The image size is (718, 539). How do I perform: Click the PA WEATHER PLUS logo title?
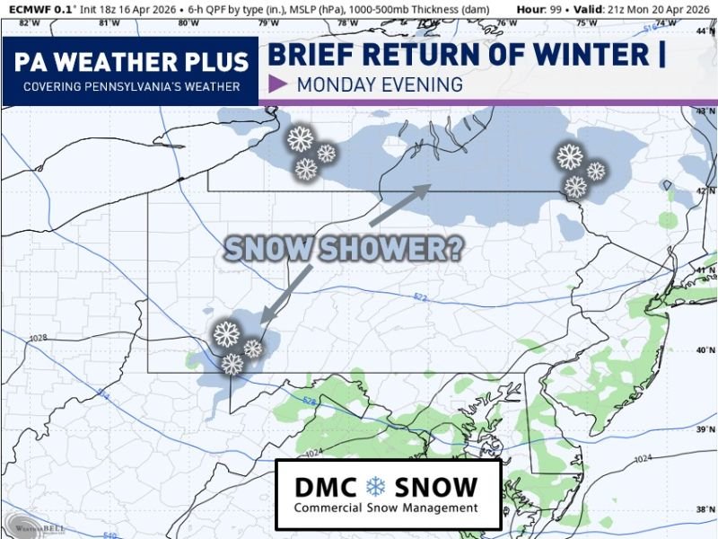(x=131, y=63)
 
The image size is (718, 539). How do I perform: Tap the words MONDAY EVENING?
(x=380, y=85)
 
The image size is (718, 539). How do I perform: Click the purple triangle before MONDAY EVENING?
(x=278, y=85)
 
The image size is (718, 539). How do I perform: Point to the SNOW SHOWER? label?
(x=343, y=248)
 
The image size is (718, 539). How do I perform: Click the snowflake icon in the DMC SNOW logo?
(x=375, y=488)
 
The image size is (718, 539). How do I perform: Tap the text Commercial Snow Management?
(x=387, y=508)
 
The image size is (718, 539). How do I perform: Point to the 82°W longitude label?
(x=29, y=22)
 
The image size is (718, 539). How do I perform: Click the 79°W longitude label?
(x=267, y=22)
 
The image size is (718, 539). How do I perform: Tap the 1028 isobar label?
(x=37, y=338)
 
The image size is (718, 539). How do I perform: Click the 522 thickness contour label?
(x=420, y=296)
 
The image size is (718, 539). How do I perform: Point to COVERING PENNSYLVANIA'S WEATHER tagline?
(x=131, y=86)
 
